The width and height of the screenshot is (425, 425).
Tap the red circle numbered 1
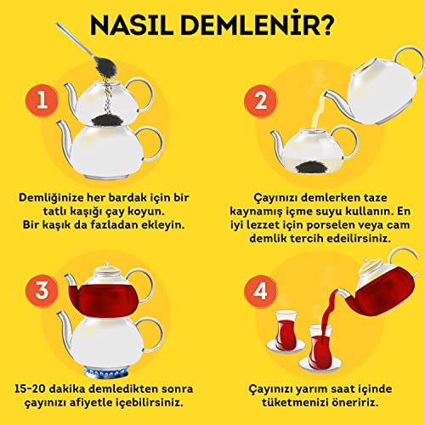(42, 100)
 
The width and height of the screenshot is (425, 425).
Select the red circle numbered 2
(260, 101)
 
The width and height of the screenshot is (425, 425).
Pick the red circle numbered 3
(42, 291)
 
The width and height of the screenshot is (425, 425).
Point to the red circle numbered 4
(260, 292)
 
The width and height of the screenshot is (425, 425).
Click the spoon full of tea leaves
(85, 50)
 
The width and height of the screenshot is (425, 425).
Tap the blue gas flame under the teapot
(106, 373)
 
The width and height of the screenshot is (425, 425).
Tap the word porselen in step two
(330, 225)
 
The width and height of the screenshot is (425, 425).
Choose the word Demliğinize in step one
(51, 198)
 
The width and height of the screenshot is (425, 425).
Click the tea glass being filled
(320, 348)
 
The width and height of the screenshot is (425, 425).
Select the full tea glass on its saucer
(286, 331)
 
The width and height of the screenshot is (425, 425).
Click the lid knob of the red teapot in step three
(106, 264)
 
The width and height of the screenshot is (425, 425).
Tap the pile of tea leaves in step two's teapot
(312, 167)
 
